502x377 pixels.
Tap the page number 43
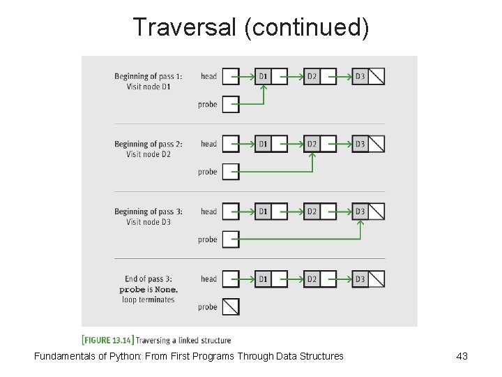(x=462, y=357)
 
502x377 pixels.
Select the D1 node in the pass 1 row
(x=263, y=76)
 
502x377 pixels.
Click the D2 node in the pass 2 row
(x=312, y=144)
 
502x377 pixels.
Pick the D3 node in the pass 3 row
(x=360, y=212)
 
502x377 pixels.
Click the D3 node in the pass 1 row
(x=360, y=76)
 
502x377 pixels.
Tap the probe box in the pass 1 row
(x=231, y=105)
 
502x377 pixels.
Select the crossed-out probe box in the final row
(x=231, y=307)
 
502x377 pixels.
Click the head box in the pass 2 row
(x=231, y=144)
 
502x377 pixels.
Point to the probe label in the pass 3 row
(x=208, y=239)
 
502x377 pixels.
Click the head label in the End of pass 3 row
(x=208, y=279)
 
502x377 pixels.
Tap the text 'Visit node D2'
(x=149, y=154)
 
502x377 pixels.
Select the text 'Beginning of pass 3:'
(x=149, y=212)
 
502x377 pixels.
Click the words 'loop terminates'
(x=149, y=300)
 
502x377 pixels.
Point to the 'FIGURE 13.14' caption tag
(x=107, y=341)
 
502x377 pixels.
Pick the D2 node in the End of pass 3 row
(x=312, y=279)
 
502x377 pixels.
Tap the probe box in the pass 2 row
(x=231, y=172)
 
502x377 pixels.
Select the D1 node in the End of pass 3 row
(x=263, y=279)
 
